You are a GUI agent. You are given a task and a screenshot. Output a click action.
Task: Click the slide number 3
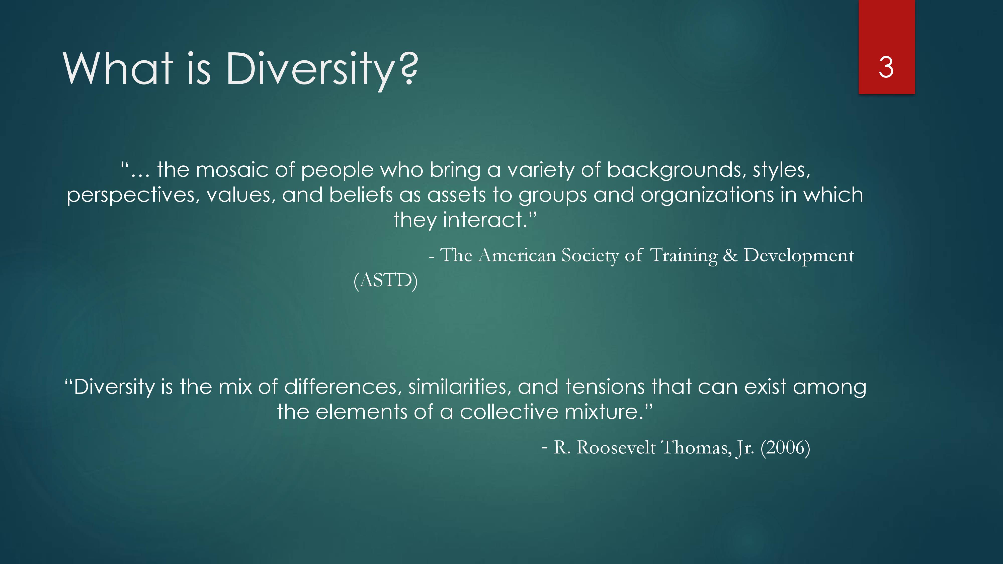[886, 67]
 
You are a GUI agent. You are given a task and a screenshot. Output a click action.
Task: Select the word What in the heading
[118, 68]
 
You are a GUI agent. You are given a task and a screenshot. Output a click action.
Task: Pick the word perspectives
[133, 196]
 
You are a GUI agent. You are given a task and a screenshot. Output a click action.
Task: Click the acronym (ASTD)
[385, 280]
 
